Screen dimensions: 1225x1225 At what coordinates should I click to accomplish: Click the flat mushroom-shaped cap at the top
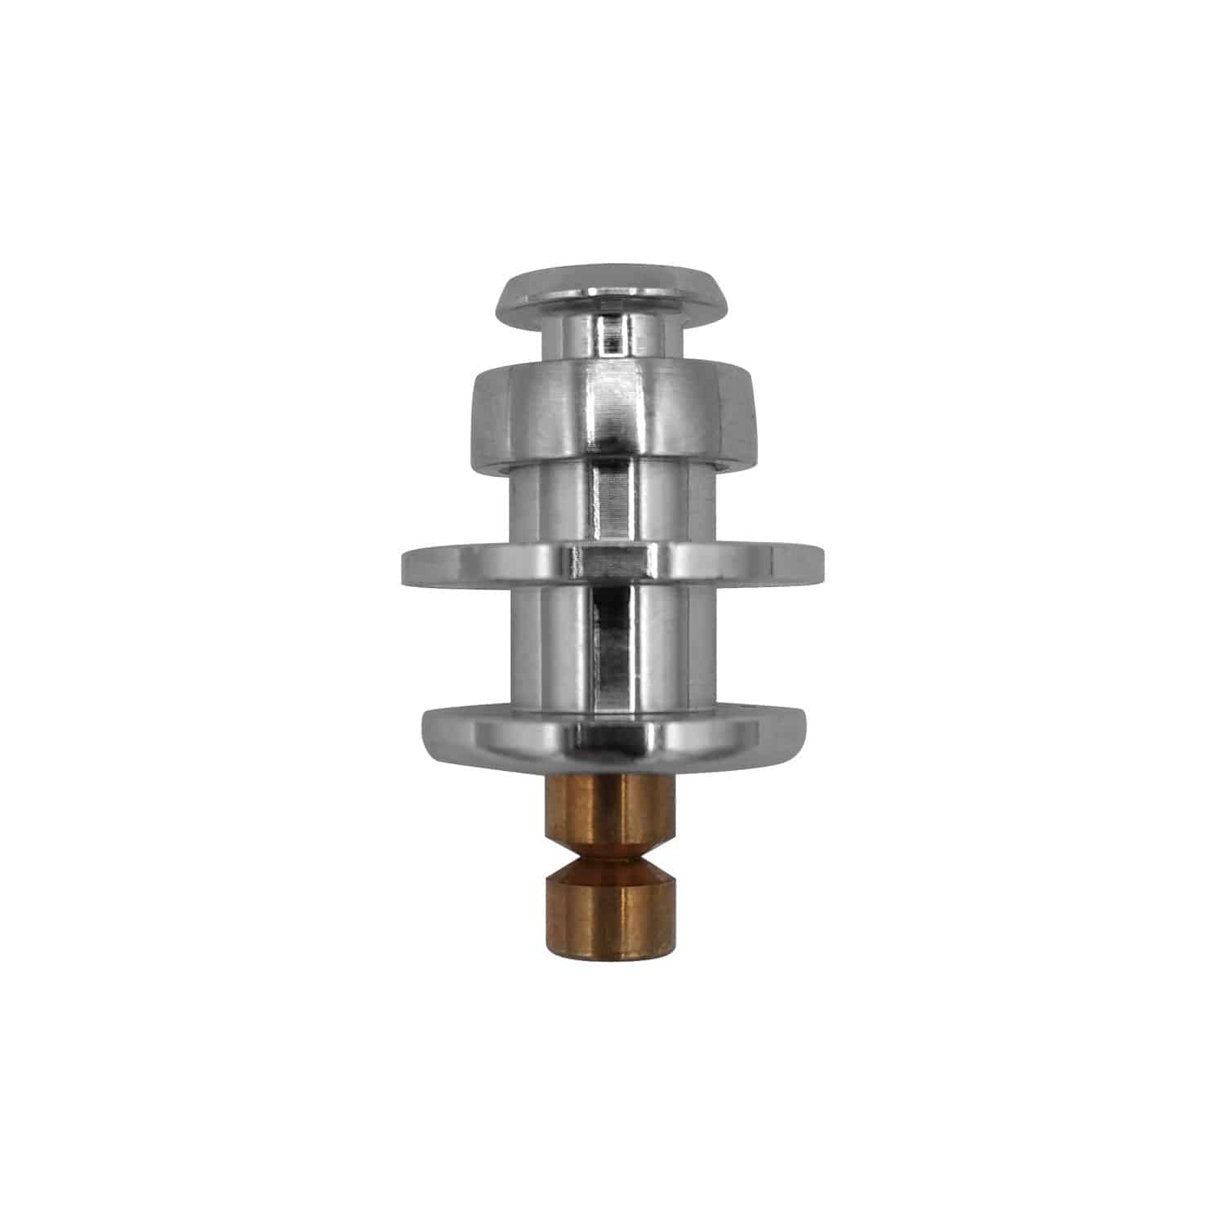click(612, 290)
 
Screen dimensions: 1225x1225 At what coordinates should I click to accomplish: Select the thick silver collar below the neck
click(612, 416)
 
